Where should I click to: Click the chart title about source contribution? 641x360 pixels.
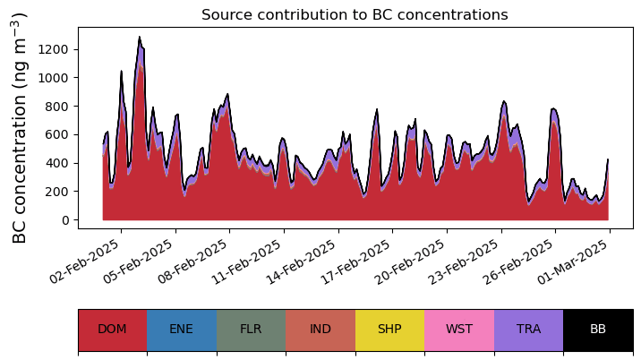[x=355, y=15]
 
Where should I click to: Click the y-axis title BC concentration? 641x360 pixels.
[x=21, y=127]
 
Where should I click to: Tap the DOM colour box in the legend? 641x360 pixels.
[x=112, y=329]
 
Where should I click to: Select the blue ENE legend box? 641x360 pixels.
[x=182, y=329]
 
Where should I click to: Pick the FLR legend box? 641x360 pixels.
[x=251, y=329]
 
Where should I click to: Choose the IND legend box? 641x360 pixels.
[x=320, y=329]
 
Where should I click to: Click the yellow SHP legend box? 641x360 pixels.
[x=389, y=329]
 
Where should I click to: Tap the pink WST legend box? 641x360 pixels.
[x=459, y=329]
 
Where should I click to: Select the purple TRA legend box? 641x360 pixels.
[x=528, y=329]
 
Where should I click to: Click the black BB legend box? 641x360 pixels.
[x=598, y=329]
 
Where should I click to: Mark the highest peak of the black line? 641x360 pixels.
[x=140, y=37]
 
